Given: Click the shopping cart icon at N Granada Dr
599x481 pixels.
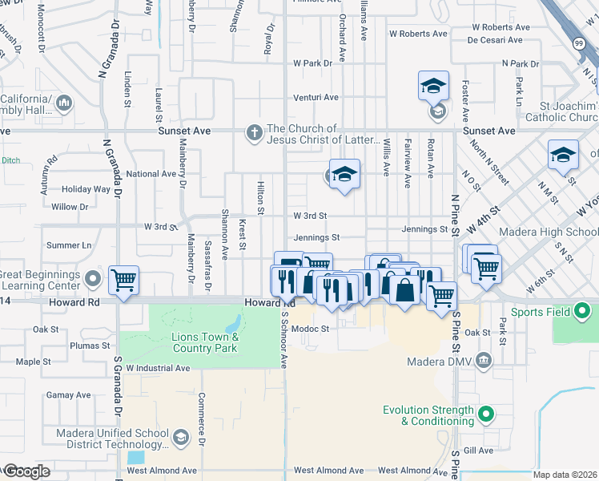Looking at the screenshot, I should (x=123, y=280).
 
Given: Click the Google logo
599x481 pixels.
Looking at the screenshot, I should (x=26, y=471).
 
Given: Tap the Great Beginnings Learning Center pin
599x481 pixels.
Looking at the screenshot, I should (x=94, y=279).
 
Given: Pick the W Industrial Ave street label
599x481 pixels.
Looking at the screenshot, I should (x=156, y=368).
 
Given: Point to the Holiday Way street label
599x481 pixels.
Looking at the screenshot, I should (x=86, y=189).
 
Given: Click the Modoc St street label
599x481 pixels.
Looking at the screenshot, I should (x=311, y=329).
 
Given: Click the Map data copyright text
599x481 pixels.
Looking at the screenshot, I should (x=565, y=475).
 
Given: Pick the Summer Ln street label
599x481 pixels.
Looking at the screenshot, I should (x=70, y=245).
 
